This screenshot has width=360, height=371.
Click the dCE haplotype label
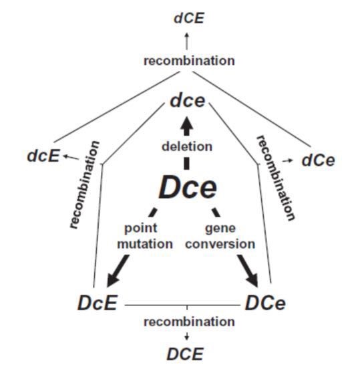pos(188,18)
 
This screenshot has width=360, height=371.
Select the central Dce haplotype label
pos(188,187)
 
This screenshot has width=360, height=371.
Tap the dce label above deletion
pos(188,101)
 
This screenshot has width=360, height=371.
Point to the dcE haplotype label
pos(43,156)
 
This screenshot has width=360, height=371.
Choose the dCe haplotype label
pos(319,160)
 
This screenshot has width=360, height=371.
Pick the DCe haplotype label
pos(265,303)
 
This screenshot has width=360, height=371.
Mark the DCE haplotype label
pos(185,354)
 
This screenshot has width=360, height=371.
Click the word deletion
pos(187,146)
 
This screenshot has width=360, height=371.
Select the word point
pos(141,229)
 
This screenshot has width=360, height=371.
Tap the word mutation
pos(145,244)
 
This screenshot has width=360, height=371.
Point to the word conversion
pos(220,244)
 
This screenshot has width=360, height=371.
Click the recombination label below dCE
pos(189,61)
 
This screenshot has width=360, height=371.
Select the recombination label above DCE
pos(189,322)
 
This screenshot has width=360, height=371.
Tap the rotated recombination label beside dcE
pos(84,184)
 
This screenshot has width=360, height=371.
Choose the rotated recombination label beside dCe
pos(276,178)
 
